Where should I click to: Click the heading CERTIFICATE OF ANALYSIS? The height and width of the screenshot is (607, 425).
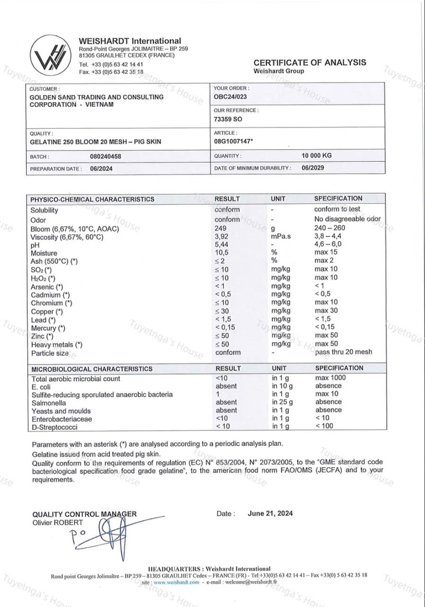(310, 62)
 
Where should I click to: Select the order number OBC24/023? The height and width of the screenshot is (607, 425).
(230, 96)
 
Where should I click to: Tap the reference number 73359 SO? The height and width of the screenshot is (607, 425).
(228, 119)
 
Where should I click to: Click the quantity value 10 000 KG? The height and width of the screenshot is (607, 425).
(317, 156)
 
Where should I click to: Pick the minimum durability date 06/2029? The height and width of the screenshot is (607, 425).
(314, 168)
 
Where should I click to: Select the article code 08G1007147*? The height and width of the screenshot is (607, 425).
(233, 142)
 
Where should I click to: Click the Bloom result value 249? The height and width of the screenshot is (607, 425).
(222, 228)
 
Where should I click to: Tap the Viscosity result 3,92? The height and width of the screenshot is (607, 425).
(222, 237)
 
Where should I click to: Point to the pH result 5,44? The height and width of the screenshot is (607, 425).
(222, 244)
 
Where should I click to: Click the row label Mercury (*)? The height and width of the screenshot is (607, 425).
(49, 328)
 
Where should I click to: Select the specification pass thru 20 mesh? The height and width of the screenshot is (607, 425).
(343, 352)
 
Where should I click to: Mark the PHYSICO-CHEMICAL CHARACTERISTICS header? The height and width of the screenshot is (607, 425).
(92, 199)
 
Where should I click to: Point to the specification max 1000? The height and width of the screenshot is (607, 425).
(330, 378)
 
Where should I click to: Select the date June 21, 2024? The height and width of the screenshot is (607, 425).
(270, 514)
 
